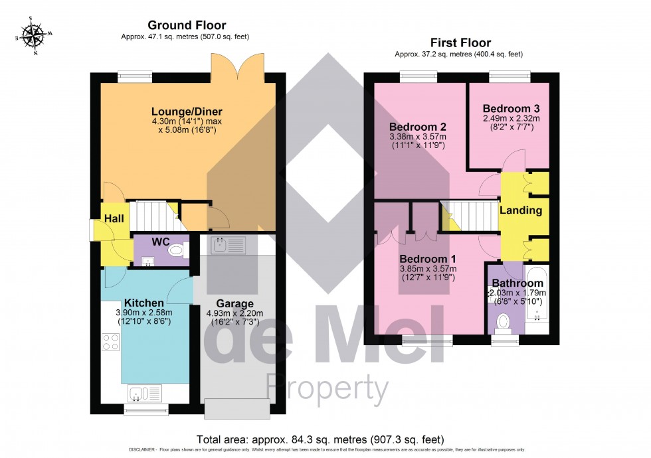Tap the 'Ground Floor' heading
point(187,25)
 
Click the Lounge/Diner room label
point(187,111)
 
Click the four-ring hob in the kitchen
point(110,343)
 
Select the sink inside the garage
point(228,245)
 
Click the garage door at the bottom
point(237,408)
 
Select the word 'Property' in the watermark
point(326,386)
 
